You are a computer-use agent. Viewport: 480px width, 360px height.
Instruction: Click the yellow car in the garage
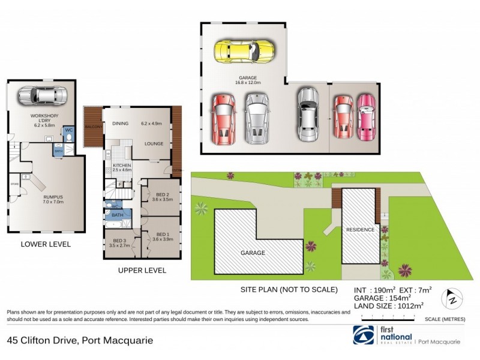(245, 52)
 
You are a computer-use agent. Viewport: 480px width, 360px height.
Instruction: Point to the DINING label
(121, 124)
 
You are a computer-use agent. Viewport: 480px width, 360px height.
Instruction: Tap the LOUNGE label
(154, 143)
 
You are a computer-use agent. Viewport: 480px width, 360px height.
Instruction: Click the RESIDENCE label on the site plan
(360, 229)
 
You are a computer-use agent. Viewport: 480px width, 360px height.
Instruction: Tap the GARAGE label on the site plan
(253, 253)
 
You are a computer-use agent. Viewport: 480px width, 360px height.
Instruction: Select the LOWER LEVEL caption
(46, 244)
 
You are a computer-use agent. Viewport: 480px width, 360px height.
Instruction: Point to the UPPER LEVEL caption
(142, 271)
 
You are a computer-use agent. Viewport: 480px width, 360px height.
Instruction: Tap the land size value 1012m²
(404, 306)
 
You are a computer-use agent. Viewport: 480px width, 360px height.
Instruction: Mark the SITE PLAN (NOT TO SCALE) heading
(289, 290)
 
